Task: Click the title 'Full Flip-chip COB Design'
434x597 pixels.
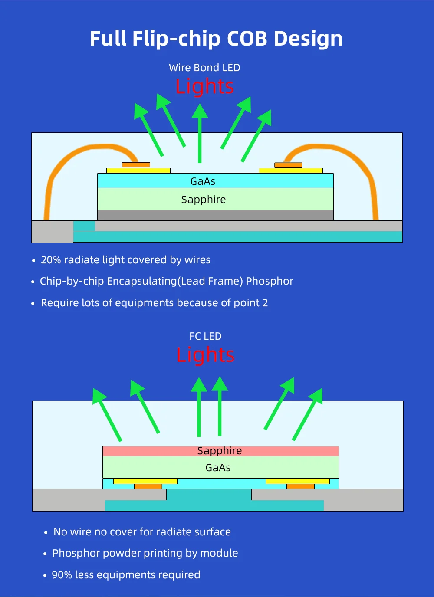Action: click(x=216, y=39)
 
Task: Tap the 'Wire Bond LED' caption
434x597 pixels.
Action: click(x=204, y=68)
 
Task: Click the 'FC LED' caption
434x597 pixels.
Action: click(x=205, y=336)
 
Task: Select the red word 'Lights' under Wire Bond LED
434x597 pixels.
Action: click(x=205, y=86)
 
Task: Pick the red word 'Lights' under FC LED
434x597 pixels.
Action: click(x=205, y=355)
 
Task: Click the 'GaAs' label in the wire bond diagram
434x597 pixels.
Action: click(x=203, y=181)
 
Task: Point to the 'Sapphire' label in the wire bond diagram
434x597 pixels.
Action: click(x=204, y=200)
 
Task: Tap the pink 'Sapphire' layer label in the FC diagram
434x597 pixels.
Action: click(x=220, y=451)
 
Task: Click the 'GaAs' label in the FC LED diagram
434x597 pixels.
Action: click(x=218, y=468)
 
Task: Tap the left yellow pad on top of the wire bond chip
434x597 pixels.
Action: click(x=138, y=171)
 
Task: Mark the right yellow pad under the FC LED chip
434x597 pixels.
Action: click(x=297, y=481)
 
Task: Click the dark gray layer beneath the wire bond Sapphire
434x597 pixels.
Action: click(x=215, y=215)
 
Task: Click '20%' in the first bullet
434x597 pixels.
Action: click(x=51, y=260)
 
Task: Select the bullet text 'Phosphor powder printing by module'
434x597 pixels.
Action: click(x=145, y=553)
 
